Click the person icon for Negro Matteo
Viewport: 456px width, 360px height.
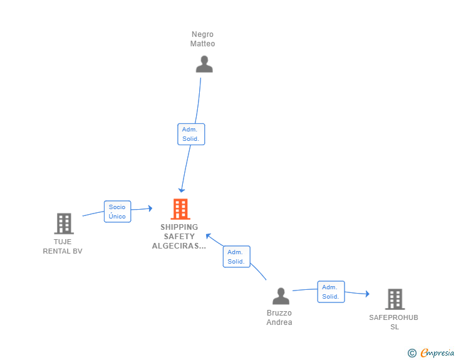point(204,64)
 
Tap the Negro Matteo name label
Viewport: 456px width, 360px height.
point(202,39)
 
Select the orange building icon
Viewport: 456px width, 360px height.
point(180,208)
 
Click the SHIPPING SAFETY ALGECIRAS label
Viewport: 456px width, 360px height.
point(179,237)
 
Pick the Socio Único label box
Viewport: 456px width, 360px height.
point(118,212)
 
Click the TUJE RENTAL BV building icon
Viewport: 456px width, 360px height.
point(64,224)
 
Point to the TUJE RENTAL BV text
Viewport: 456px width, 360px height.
point(63,246)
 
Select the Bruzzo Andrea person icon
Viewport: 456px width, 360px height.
point(281,296)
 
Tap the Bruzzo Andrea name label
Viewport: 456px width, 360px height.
point(279,317)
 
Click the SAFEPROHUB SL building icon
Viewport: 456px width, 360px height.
point(395,299)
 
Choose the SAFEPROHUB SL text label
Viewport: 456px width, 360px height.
point(394,322)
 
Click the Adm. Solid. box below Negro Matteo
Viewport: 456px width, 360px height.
point(191,134)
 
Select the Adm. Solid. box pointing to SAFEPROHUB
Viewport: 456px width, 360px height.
point(331,292)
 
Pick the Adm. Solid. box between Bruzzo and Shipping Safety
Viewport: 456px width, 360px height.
point(236,257)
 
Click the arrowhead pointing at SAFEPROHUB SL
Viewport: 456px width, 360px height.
point(368,294)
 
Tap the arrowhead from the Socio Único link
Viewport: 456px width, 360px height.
point(150,208)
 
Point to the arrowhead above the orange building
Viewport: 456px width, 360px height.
point(182,190)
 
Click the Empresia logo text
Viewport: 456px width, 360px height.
point(437,353)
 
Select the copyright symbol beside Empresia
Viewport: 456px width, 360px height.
point(412,353)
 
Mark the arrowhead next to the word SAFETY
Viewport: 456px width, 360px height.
point(208,236)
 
